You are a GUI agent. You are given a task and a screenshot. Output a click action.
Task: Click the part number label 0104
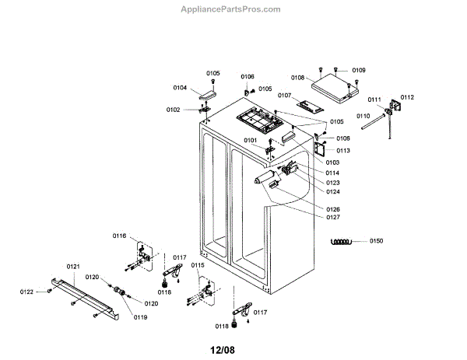click(179, 88)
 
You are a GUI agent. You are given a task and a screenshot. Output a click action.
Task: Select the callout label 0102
click(172, 110)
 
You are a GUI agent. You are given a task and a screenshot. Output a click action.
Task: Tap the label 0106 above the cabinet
click(247, 76)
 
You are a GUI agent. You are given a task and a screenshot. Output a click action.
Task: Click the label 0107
click(284, 96)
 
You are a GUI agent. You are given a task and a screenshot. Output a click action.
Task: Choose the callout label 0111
click(374, 100)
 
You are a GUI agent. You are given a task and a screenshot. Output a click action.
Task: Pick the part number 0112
click(408, 97)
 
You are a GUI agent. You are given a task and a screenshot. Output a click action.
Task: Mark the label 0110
click(363, 116)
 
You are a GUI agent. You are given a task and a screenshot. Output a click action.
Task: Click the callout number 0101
click(250, 140)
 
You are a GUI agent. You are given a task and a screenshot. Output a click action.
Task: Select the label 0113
click(343, 150)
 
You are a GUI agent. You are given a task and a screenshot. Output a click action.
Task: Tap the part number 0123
click(332, 182)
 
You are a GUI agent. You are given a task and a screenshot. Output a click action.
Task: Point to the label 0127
click(332, 218)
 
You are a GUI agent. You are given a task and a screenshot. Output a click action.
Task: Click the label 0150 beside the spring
click(377, 241)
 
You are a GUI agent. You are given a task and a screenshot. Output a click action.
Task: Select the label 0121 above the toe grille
click(73, 267)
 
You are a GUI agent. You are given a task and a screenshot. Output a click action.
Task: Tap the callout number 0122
click(27, 292)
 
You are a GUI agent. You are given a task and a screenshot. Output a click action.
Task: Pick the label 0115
click(198, 265)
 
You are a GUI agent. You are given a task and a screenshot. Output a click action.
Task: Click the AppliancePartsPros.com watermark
click(230, 9)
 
